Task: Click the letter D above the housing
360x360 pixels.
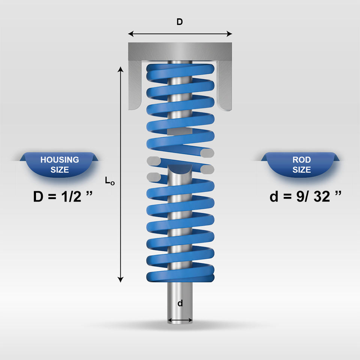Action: (180, 22)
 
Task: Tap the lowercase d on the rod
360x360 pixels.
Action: (180, 303)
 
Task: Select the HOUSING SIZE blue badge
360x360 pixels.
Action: (60, 164)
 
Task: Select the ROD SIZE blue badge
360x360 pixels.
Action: (301, 164)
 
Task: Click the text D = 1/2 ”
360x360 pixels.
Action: (60, 196)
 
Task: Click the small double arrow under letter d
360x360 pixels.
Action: (180, 320)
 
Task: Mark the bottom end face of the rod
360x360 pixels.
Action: (180, 323)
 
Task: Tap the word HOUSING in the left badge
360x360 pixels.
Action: (60, 160)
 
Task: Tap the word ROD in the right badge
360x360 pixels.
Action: (301, 160)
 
